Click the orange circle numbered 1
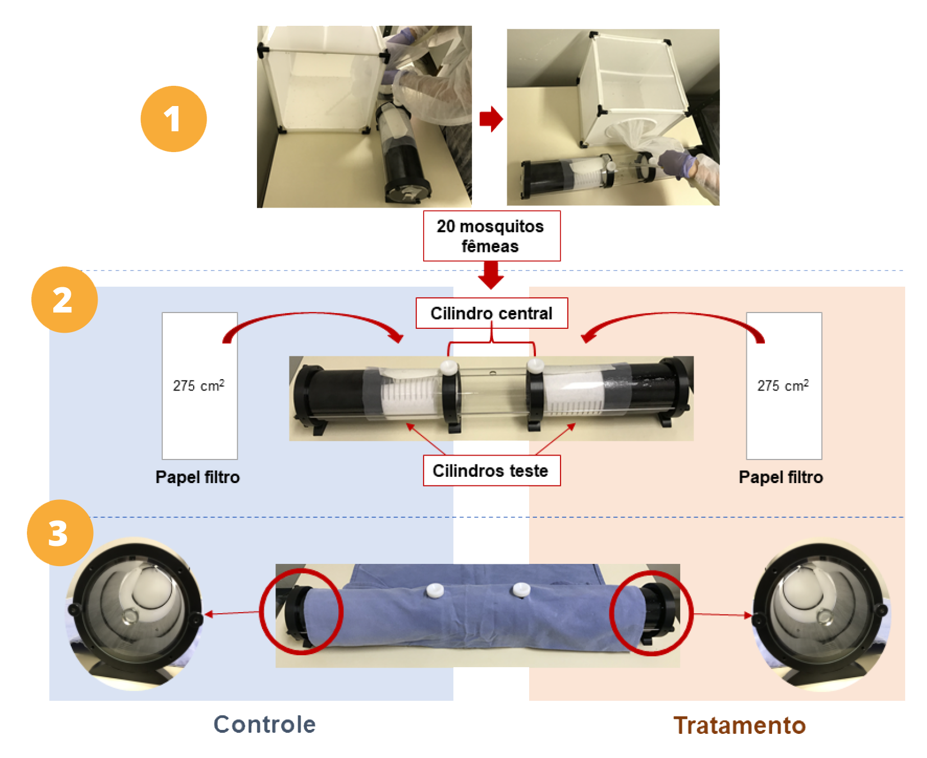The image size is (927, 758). point(173,119)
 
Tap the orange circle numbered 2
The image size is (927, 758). point(64,300)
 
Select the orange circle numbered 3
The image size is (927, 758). point(59,533)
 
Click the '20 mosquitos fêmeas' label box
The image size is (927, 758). point(492,236)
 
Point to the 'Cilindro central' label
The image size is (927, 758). point(492,313)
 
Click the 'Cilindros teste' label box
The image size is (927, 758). point(491,471)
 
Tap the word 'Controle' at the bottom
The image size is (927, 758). point(264,724)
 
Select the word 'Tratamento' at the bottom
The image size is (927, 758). point(740,725)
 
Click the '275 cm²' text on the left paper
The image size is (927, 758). point(199,386)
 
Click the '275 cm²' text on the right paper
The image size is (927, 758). point(783,386)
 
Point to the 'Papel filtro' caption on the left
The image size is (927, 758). point(198,477)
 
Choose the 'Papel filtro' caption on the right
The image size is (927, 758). point(781,477)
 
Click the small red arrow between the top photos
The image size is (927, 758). point(491,119)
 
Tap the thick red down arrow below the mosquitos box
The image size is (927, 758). point(491,275)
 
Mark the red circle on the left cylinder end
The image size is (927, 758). point(301,612)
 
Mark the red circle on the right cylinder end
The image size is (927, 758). point(651,613)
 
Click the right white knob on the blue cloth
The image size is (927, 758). point(521,590)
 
